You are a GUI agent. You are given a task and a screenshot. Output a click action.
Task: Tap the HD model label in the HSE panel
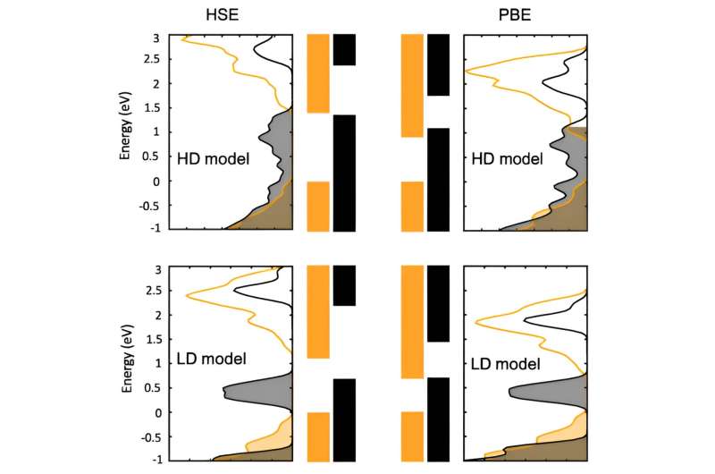coord(214,158)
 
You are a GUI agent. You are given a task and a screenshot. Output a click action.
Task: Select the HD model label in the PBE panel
coord(508,158)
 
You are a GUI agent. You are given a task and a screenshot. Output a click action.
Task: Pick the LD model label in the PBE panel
coord(505,364)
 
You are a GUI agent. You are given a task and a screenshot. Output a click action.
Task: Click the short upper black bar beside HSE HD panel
coord(344,50)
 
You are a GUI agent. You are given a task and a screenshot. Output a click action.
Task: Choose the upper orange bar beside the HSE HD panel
coord(318,73)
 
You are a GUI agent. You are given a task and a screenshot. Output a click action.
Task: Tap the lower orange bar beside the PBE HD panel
coord(412,207)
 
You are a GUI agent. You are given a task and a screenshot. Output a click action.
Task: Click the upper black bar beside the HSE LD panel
coord(344,285)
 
